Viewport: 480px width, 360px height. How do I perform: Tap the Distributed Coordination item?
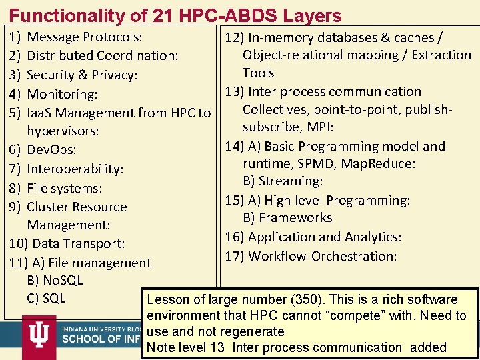tap(102, 56)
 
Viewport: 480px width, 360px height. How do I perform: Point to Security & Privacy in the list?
tap(82, 75)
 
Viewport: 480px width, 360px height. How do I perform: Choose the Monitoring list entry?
tap(62, 95)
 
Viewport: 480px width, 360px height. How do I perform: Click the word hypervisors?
tap(63, 131)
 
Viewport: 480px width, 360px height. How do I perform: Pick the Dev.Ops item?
tap(51, 150)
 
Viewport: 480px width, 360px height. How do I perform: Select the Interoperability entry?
tap(75, 169)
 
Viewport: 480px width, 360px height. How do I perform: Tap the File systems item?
tap(64, 189)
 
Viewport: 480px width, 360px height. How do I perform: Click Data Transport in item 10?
tap(78, 244)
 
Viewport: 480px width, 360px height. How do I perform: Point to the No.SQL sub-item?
tap(55, 281)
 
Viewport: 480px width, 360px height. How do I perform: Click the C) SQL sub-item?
tap(46, 298)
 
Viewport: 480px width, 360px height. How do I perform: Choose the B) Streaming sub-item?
tap(283, 181)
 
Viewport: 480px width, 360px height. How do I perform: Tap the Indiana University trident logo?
tap(39, 331)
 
